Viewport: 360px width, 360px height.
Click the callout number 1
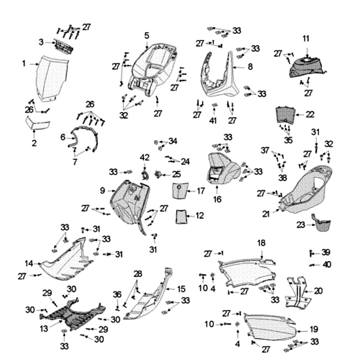(x=24, y=64)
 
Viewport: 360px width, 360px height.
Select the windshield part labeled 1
(x=53, y=76)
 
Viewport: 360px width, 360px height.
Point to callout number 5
(x=147, y=35)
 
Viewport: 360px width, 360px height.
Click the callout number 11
(x=306, y=39)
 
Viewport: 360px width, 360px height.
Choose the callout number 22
(x=310, y=114)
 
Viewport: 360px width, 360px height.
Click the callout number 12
(x=200, y=216)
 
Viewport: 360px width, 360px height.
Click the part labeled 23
(x=322, y=224)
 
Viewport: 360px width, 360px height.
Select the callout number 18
(x=261, y=243)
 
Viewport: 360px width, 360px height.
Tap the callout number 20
(x=318, y=291)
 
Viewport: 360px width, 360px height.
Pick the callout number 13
(x=44, y=329)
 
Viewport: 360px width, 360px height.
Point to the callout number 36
(x=117, y=294)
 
